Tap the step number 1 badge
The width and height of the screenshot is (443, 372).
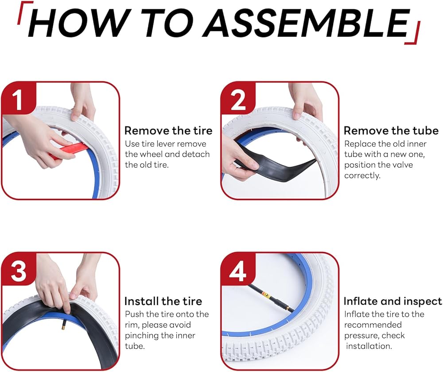[x=19, y=98]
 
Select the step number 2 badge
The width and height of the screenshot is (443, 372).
[x=238, y=98]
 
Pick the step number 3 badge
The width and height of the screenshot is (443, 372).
[x=19, y=269]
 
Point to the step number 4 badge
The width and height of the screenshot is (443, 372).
[x=238, y=269]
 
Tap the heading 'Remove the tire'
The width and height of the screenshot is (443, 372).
[x=168, y=131]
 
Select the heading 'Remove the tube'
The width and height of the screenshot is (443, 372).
[x=391, y=131]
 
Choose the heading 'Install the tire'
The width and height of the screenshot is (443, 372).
[x=163, y=301]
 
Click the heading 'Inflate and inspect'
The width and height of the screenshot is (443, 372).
[x=392, y=302]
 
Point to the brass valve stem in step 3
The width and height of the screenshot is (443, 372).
[x=62, y=325]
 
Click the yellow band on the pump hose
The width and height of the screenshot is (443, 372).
[x=266, y=296]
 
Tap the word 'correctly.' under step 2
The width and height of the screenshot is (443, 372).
[x=362, y=175]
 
